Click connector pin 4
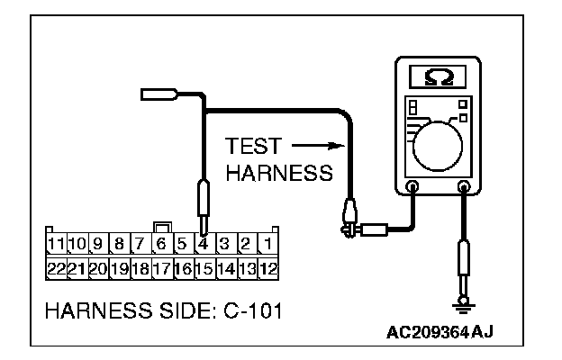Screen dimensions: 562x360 204,244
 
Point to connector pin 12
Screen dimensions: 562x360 269,267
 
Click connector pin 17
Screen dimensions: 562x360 161,267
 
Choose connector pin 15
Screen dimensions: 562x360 204,267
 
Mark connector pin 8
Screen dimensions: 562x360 119,244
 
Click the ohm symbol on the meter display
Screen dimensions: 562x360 439,78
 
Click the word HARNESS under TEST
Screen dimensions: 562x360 278,174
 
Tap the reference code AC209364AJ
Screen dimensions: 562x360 444,334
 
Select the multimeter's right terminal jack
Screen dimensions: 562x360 466,188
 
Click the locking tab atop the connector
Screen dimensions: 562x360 161,226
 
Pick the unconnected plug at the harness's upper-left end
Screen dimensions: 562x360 160,93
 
